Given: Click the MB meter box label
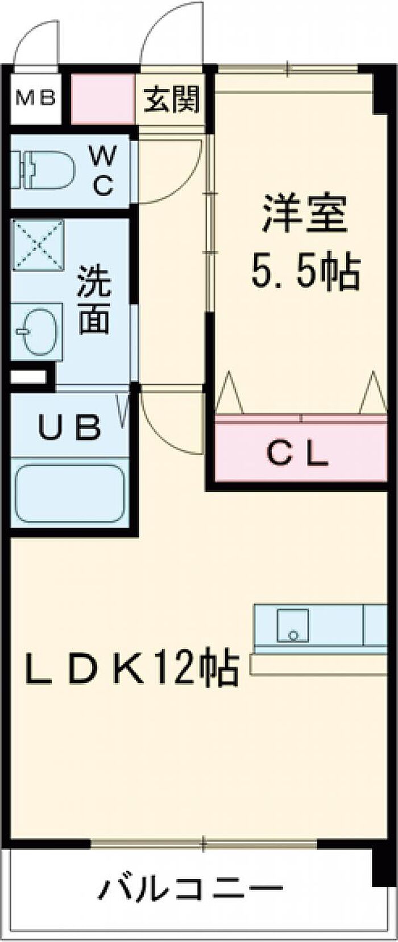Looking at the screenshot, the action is (x=35, y=98).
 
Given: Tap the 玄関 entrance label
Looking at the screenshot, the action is (x=171, y=100).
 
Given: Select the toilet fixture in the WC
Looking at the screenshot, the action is (x=43, y=170).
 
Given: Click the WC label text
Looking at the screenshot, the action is (x=103, y=170).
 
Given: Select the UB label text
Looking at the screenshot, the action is (x=69, y=428).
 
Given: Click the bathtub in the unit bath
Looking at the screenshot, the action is (x=69, y=493).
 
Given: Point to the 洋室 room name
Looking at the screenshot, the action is (x=304, y=213).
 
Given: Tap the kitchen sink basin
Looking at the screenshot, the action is (x=293, y=625).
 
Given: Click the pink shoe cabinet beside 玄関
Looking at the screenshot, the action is (x=103, y=100).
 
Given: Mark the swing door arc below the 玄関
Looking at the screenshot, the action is (x=171, y=171).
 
